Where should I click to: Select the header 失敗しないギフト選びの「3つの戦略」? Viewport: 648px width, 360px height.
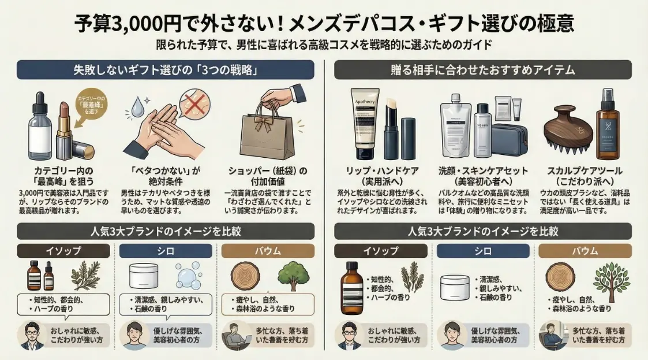(x=166, y=70)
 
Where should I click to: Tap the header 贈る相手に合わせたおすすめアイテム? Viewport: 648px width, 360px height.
(x=482, y=70)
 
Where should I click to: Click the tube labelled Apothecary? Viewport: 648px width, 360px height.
(x=366, y=124)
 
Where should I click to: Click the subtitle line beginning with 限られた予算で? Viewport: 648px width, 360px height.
(x=324, y=45)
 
